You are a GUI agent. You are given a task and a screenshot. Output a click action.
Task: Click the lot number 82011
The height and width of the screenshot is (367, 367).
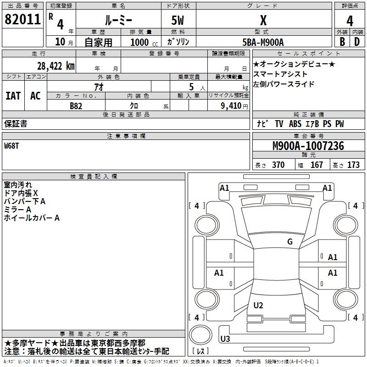coord(22,20)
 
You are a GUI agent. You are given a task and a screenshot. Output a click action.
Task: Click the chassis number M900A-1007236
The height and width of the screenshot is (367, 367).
coord(308,146)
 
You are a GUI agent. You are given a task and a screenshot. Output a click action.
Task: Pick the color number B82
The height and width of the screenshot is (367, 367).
coord(76,106)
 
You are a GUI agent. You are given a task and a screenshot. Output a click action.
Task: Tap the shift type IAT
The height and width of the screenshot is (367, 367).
coord(13,96)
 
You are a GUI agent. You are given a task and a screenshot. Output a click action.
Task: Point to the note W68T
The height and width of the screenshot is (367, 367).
coord(12,146)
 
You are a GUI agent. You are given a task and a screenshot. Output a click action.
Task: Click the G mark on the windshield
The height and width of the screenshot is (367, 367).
coord(289,242)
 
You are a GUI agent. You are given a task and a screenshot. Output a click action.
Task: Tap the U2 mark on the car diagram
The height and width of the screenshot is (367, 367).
coord(258,306)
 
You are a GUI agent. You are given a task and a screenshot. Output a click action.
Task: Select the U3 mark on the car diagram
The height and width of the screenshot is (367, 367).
coord(225,339)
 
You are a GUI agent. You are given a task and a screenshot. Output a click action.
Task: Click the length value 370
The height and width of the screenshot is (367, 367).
coord(278,165)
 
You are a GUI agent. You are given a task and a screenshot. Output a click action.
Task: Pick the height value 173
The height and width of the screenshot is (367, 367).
coord(353,165)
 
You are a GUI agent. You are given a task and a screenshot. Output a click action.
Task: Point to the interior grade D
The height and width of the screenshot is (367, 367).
coord(356,42)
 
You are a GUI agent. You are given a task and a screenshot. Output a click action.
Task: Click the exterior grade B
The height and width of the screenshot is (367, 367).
coord(342,42)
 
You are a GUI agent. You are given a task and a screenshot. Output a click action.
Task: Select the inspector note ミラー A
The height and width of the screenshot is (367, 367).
coord(17,210)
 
